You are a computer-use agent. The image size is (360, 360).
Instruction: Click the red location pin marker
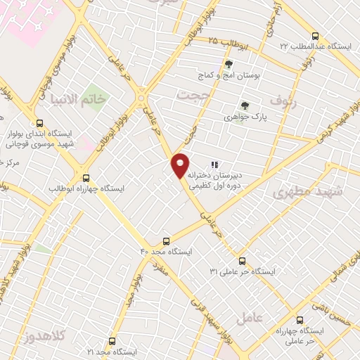click(180, 165)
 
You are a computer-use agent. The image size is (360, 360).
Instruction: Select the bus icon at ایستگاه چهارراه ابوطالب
click(86, 178)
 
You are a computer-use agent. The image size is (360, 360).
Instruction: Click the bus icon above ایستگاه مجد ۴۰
click(167, 240)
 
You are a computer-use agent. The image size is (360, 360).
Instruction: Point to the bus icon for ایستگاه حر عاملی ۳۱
click(242, 259)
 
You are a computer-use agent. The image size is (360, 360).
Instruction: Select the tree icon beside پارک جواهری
click(245, 105)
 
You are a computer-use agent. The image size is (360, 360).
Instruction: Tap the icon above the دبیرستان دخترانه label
click(214, 165)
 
